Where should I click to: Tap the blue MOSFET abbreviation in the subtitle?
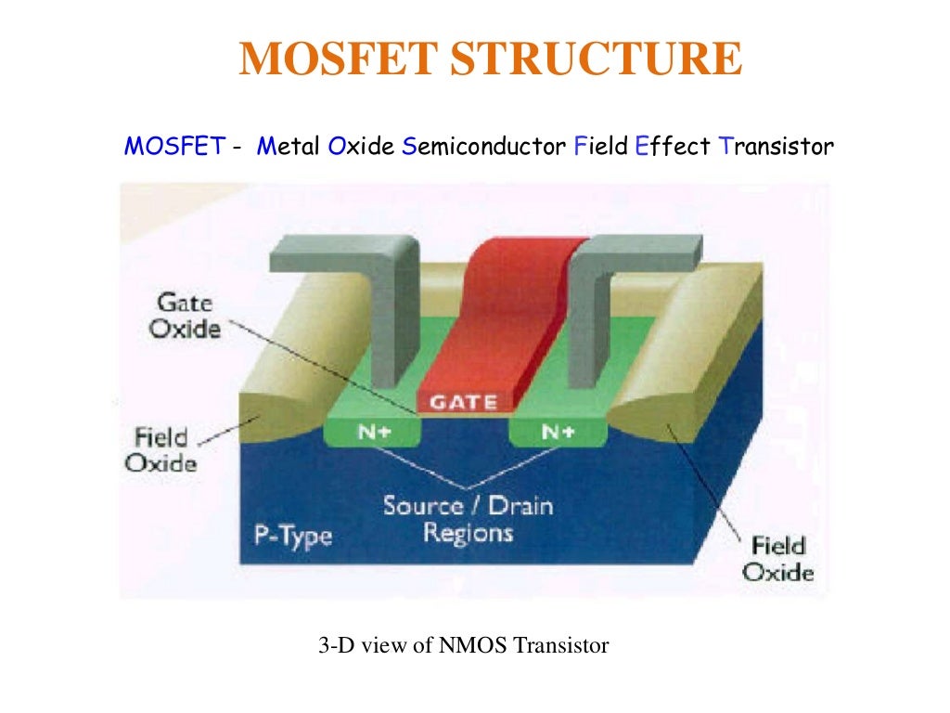coord(174,147)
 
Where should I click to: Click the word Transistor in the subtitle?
coord(777,147)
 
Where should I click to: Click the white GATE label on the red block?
coord(462,402)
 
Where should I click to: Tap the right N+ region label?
coord(558,433)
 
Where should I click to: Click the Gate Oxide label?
coord(186,316)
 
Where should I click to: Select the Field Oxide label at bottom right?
coord(777,558)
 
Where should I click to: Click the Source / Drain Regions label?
coord(468,519)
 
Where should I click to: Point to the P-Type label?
coord(292,536)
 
